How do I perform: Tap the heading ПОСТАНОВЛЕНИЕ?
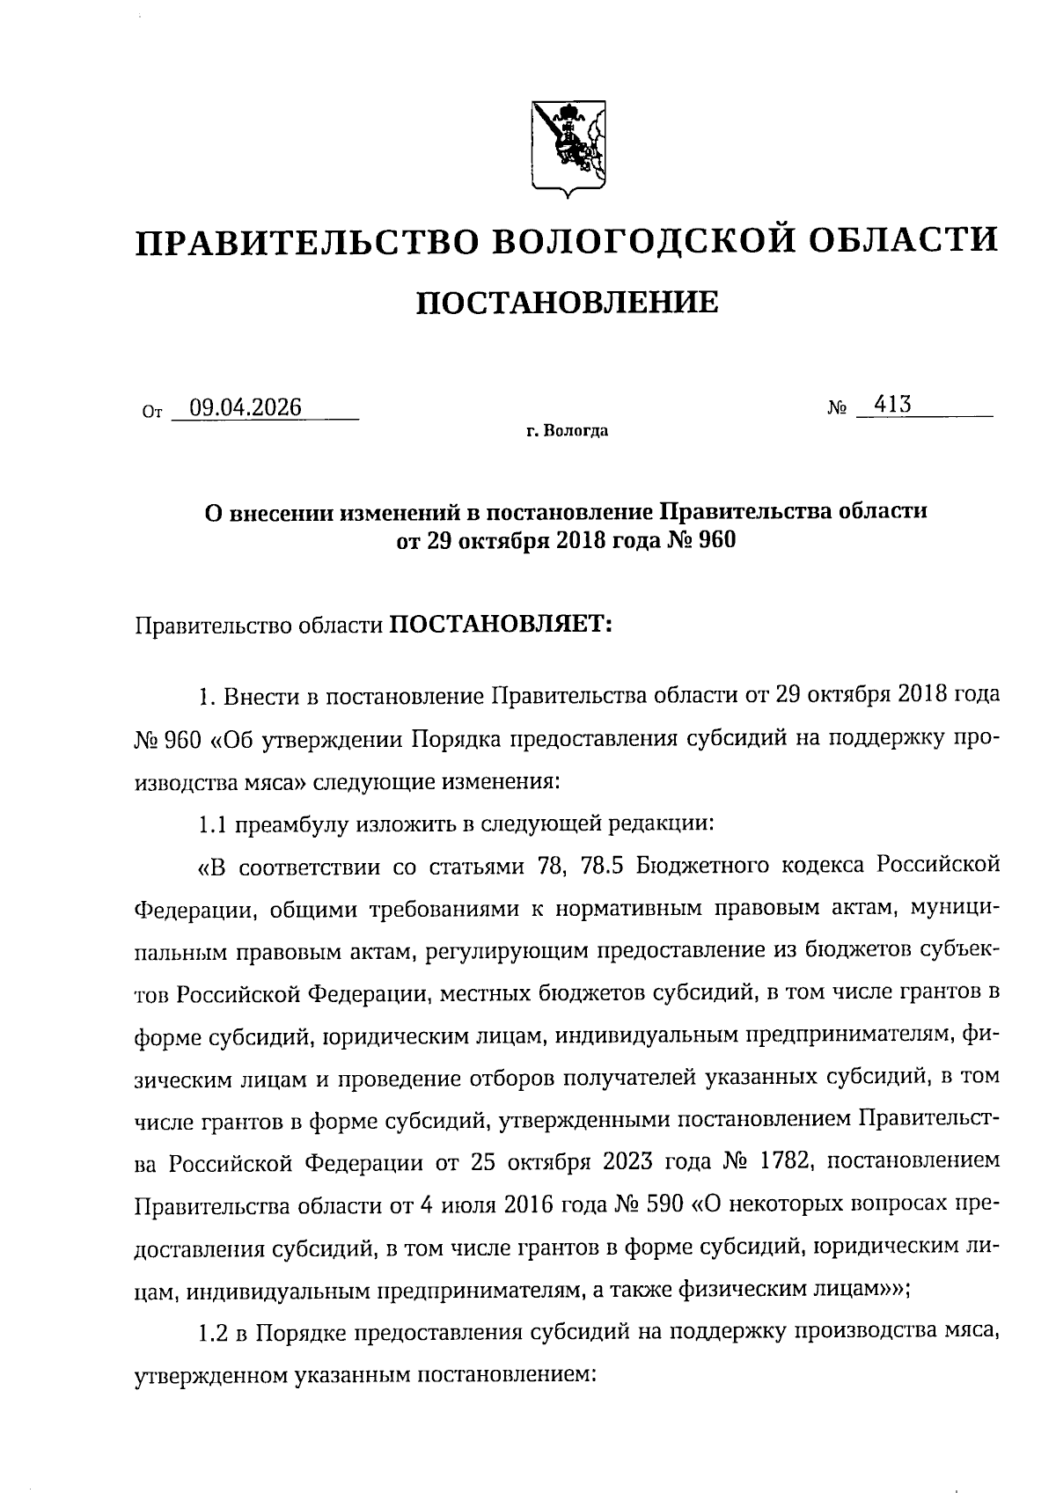567,304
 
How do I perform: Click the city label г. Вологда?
567,432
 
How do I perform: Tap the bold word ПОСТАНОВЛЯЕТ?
500,626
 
